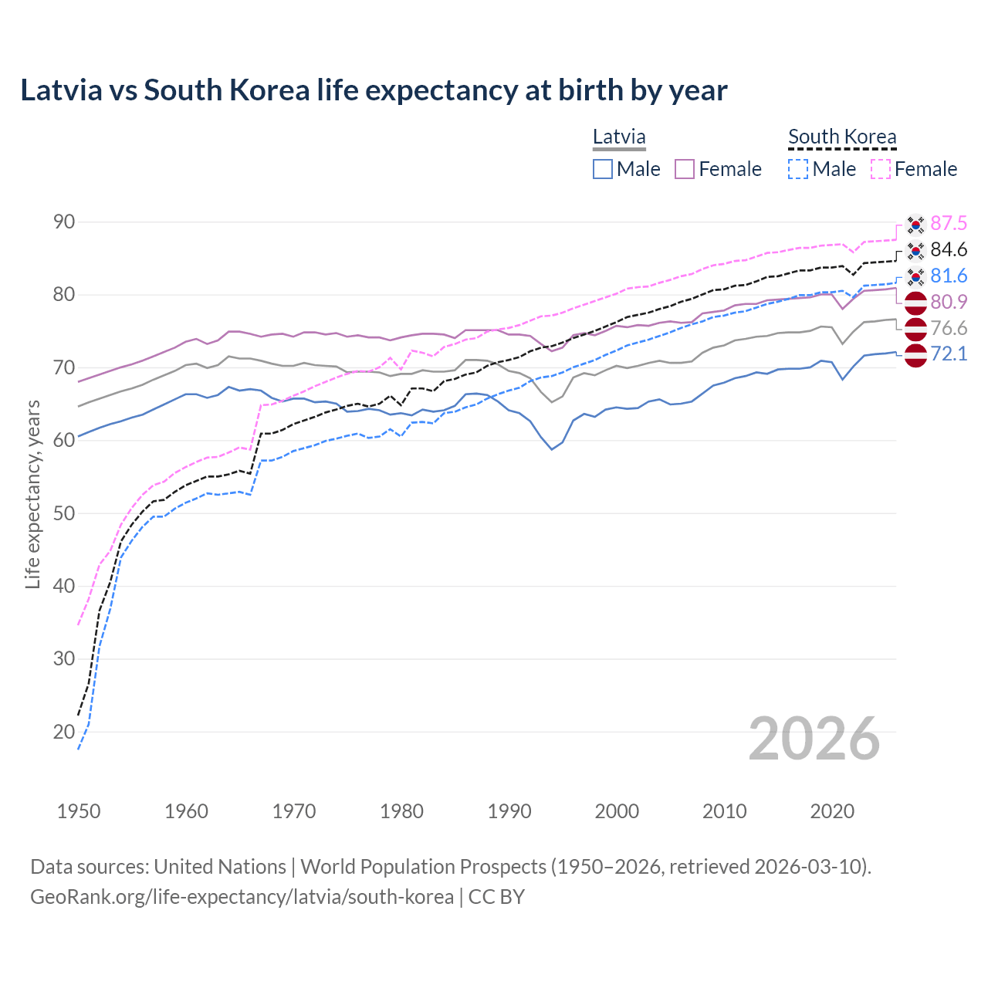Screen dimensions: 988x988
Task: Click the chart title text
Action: [374, 90]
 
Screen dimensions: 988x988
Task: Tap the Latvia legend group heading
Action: [619, 137]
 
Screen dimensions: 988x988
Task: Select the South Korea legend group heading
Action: [842, 137]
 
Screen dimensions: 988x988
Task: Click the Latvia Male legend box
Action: [603, 169]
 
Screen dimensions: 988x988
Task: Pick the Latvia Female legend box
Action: [685, 169]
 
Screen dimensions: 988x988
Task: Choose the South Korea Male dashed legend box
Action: [798, 169]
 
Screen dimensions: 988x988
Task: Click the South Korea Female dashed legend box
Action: [881, 169]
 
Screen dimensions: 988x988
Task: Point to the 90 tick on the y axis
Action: [64, 222]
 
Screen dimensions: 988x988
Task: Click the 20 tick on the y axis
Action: [64, 732]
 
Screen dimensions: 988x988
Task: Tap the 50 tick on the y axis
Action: [64, 513]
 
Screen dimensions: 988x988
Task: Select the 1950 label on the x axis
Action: [79, 811]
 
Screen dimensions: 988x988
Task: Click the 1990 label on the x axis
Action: [509, 811]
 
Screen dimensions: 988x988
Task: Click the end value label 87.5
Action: [949, 224]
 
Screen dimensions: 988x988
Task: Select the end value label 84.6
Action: [949, 250]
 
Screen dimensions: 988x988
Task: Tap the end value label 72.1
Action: [949, 354]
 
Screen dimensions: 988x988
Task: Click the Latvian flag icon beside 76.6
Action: [915, 329]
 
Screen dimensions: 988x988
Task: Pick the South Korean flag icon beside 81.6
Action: [915, 276]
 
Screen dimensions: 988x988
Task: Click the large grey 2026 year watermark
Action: [814, 739]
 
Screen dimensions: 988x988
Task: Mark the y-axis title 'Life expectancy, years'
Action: [33, 494]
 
